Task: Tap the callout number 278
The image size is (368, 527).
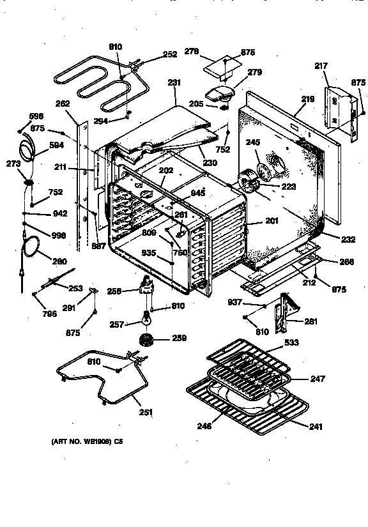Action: tap(192, 50)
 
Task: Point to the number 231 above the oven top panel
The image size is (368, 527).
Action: tap(174, 82)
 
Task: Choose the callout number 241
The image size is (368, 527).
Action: tap(316, 427)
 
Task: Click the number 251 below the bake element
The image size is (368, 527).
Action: tap(146, 412)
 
